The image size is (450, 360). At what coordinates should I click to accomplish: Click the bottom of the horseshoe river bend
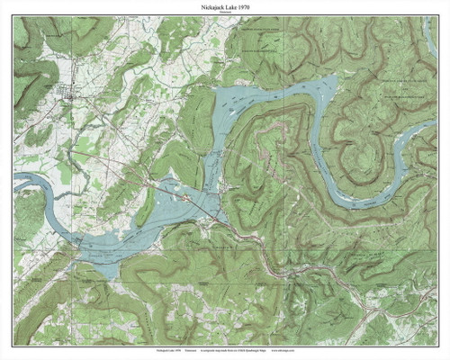pyautogui.click(x=360, y=203)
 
